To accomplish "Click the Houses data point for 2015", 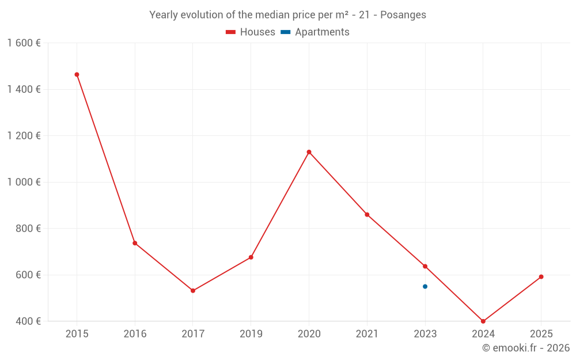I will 77,74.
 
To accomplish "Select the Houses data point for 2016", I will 135,243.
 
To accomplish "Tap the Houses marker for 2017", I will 193,291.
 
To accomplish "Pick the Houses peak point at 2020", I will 309,152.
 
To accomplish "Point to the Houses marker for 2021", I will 367,214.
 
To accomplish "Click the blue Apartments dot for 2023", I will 425,286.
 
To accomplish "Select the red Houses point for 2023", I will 425,266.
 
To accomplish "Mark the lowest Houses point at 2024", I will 483,321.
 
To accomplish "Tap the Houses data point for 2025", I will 541,276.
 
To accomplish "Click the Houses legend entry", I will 251,32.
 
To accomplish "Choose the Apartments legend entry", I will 315,32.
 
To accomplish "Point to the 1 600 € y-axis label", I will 24,43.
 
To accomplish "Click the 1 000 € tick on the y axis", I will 24,182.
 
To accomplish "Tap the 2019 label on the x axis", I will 251,334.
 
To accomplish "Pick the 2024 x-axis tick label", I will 483,334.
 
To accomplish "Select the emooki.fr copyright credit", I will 526,348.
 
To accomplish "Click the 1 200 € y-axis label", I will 24,135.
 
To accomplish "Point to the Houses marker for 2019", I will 251,257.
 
